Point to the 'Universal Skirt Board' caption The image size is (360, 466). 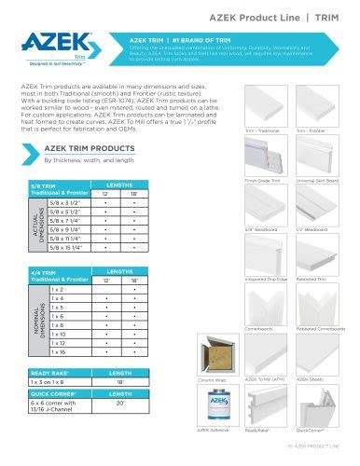[x=317, y=178]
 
